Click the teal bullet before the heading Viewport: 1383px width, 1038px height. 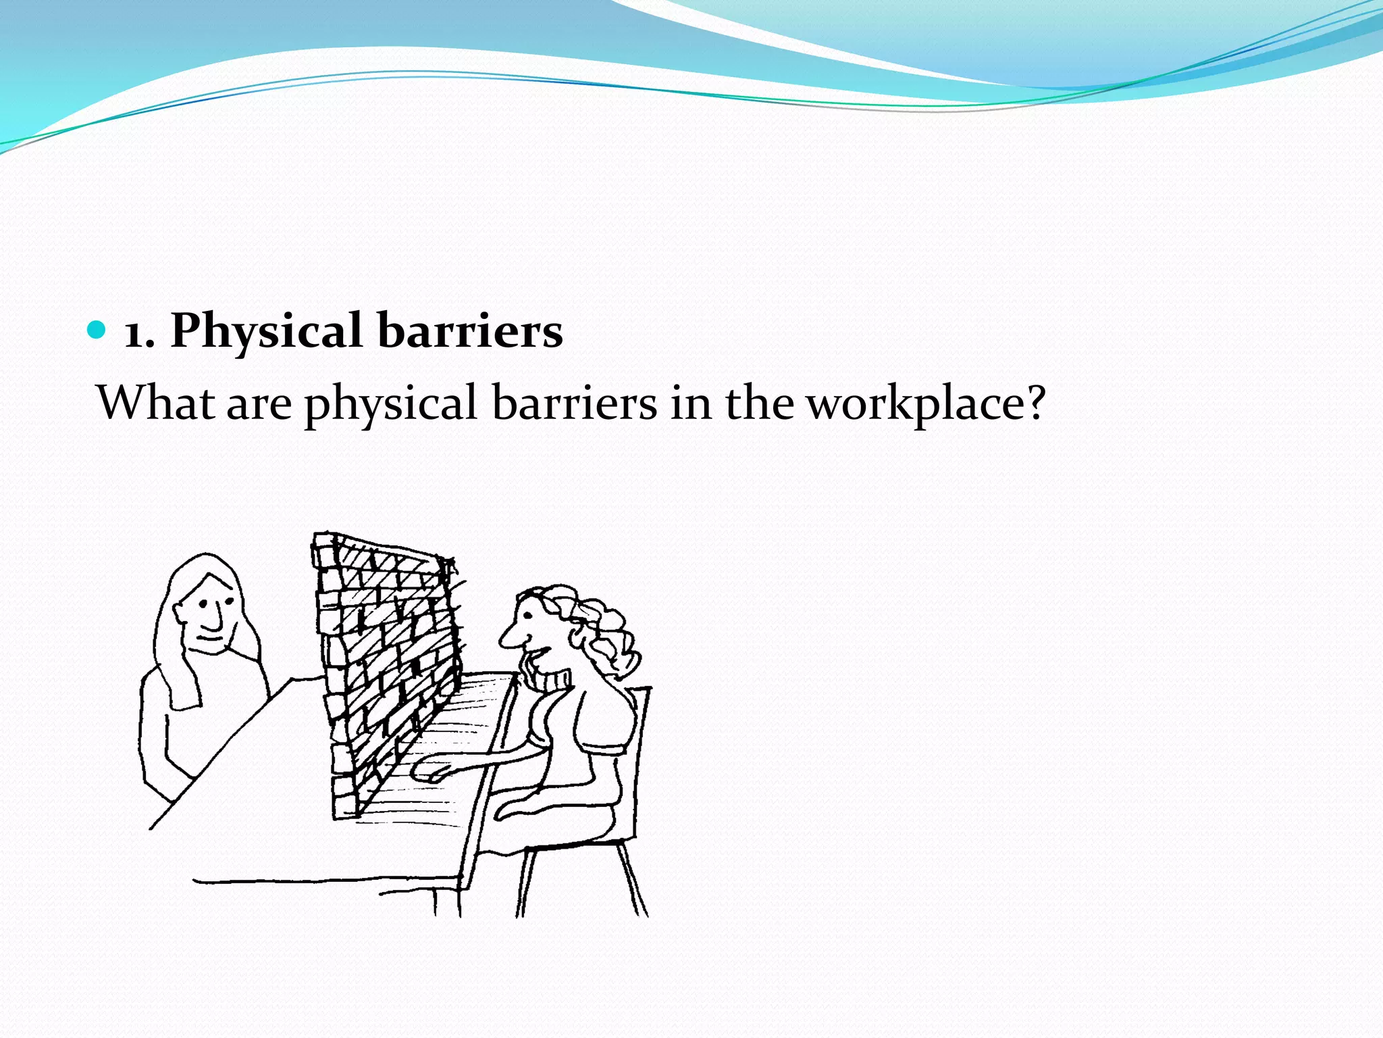click(x=98, y=330)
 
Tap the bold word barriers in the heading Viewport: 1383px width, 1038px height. click(x=470, y=331)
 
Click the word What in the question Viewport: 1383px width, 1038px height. click(x=156, y=403)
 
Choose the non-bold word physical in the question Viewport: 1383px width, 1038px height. click(x=391, y=405)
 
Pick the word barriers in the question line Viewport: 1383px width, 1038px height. click(x=574, y=403)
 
